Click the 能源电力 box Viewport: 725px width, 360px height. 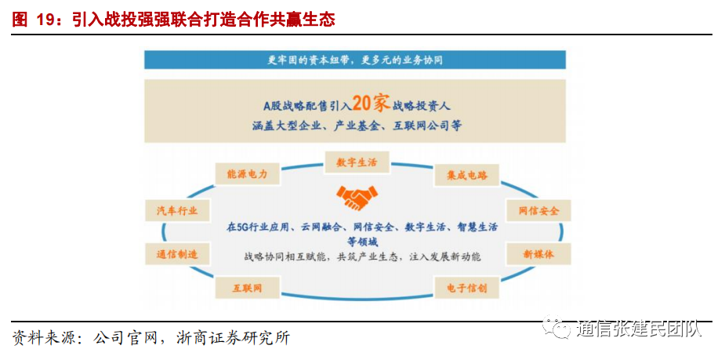247,174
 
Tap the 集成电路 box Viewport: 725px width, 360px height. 466,175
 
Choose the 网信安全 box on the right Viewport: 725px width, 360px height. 538,211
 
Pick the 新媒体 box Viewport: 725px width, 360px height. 538,254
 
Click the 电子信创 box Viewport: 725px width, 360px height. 466,288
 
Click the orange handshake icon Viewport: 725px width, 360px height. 356,195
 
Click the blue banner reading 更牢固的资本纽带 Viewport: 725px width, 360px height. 355,60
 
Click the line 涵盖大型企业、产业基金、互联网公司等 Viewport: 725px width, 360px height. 357,125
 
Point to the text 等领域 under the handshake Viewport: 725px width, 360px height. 363,242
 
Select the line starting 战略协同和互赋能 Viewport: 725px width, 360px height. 363,256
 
